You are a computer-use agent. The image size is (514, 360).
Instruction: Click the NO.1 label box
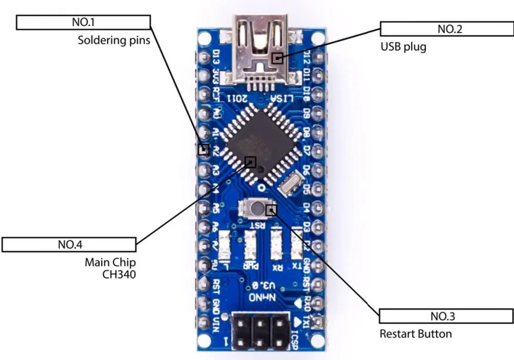84,22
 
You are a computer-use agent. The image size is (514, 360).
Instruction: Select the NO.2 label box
446,29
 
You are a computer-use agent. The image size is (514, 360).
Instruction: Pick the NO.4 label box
69,244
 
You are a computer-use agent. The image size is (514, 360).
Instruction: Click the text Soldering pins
114,40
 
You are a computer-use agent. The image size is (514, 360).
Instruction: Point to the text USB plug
403,47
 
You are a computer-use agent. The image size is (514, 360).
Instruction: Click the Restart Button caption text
415,334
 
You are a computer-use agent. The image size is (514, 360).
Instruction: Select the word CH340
119,275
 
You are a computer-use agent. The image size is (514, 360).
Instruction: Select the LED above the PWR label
250,245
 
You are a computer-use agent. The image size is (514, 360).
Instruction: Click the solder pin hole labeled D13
203,54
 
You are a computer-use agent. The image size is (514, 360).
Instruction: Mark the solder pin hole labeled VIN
203,322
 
